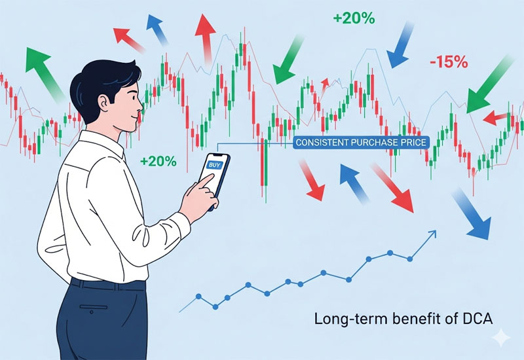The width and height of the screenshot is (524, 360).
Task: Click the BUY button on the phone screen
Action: (214, 166)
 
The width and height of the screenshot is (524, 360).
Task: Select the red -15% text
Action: (449, 63)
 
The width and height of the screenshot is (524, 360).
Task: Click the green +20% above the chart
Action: (354, 18)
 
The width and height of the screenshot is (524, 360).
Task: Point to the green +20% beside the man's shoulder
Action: (158, 161)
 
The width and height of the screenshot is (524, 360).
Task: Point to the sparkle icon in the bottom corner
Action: (502, 338)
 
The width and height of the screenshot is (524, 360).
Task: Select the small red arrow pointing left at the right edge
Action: (495, 117)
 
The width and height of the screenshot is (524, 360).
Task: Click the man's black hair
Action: (98, 75)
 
